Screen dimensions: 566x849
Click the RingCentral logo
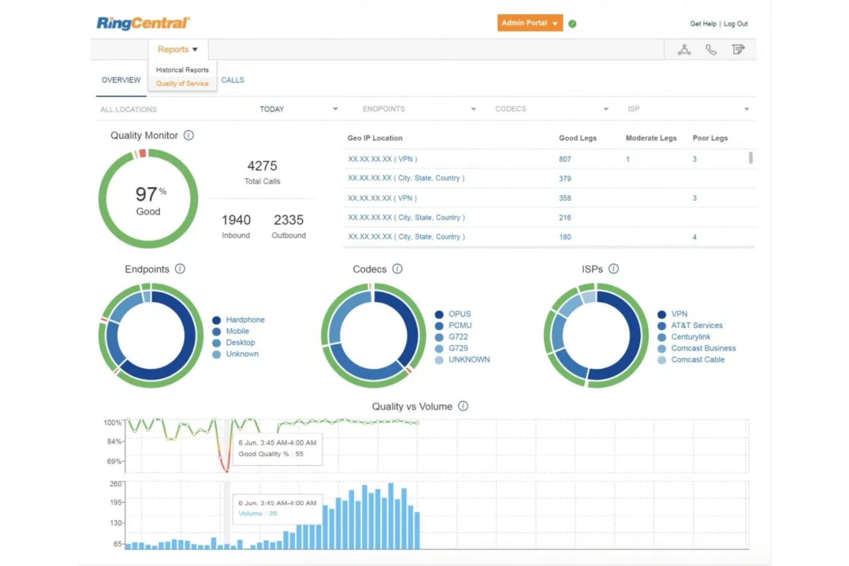pyautogui.click(x=143, y=23)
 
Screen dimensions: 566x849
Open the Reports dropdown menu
pyautogui.click(x=177, y=49)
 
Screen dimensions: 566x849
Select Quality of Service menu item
pyautogui.click(x=182, y=84)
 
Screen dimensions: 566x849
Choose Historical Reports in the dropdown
pyautogui.click(x=182, y=70)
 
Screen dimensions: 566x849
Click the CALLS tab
pyautogui.click(x=232, y=80)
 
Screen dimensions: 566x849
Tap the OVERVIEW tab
pyautogui.click(x=121, y=80)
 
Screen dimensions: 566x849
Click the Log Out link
pyautogui.click(x=735, y=24)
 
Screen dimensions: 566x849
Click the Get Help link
pyautogui.click(x=703, y=24)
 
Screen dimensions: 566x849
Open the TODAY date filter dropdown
pyautogui.click(x=298, y=109)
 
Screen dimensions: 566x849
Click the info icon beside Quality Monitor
pyautogui.click(x=189, y=135)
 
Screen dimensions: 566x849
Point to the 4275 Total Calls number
pyautogui.click(x=262, y=166)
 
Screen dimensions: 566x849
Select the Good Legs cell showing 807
pyautogui.click(x=565, y=159)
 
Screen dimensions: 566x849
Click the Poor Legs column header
pyautogui.click(x=710, y=138)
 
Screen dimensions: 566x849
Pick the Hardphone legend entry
pyautogui.click(x=245, y=320)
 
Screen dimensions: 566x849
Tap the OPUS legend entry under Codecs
pyautogui.click(x=459, y=314)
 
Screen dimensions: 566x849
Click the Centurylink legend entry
pyautogui.click(x=691, y=337)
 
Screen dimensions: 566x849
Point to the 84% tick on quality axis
pyautogui.click(x=114, y=442)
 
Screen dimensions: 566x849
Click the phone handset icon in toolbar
pyautogui.click(x=711, y=50)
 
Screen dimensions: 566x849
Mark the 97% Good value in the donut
pyautogui.click(x=148, y=195)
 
